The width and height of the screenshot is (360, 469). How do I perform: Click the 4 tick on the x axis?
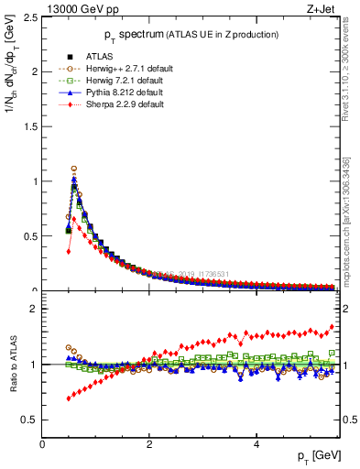click(x=256, y=444)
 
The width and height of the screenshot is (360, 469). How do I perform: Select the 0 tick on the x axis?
click(x=43, y=444)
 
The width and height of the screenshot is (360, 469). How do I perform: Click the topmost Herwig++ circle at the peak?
click(x=73, y=169)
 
